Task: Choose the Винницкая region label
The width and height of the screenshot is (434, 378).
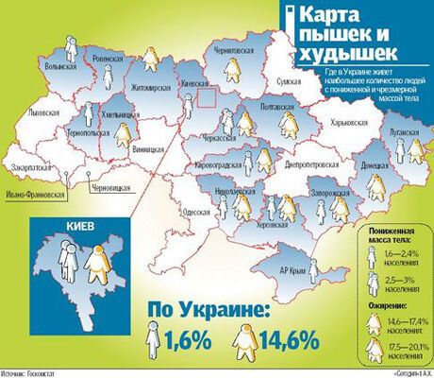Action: pyautogui.click(x=148, y=149)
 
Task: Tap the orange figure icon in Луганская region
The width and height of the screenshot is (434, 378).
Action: pyautogui.click(x=412, y=147)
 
